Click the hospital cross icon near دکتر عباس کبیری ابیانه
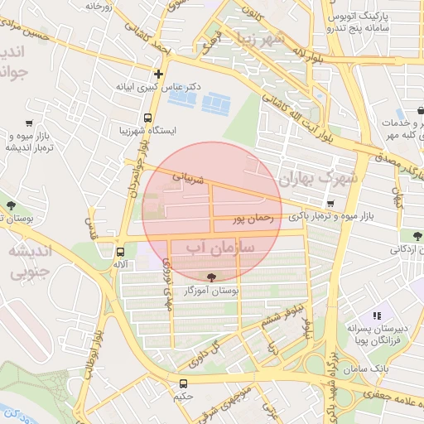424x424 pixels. tap(158, 74)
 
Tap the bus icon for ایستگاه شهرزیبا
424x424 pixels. tap(147, 118)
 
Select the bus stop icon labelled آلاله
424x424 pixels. tap(120, 252)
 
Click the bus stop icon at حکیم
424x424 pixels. tap(183, 383)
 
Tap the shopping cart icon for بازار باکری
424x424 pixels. tap(330, 204)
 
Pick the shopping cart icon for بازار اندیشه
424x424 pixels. tap(30, 123)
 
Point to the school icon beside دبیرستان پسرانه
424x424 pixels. tap(376, 316)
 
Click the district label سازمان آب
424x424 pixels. tap(219, 247)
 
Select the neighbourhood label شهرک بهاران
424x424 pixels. tap(318, 178)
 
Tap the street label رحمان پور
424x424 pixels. tap(253, 219)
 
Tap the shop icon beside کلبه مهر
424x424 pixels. tap(401, 113)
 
